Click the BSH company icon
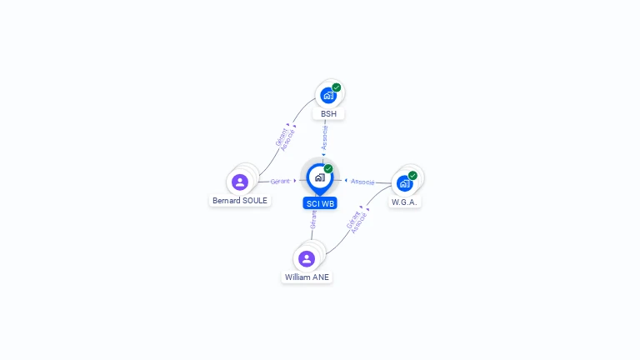click(x=328, y=95)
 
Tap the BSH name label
click(x=328, y=114)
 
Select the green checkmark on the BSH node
click(x=337, y=87)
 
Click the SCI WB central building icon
click(x=319, y=177)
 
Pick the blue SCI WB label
click(x=320, y=203)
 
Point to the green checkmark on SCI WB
click(x=328, y=169)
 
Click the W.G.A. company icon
click(x=405, y=183)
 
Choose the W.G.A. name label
click(x=405, y=202)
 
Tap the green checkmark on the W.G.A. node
click(x=412, y=176)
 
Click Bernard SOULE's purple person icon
click(x=240, y=182)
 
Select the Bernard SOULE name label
click(x=240, y=201)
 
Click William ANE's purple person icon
click(x=307, y=258)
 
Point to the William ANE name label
click(x=307, y=277)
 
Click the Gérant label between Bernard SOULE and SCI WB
click(x=280, y=181)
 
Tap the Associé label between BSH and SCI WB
click(x=324, y=137)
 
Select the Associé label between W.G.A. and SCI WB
click(x=362, y=181)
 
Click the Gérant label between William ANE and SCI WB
click(x=313, y=219)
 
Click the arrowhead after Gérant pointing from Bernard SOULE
click(x=295, y=181)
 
